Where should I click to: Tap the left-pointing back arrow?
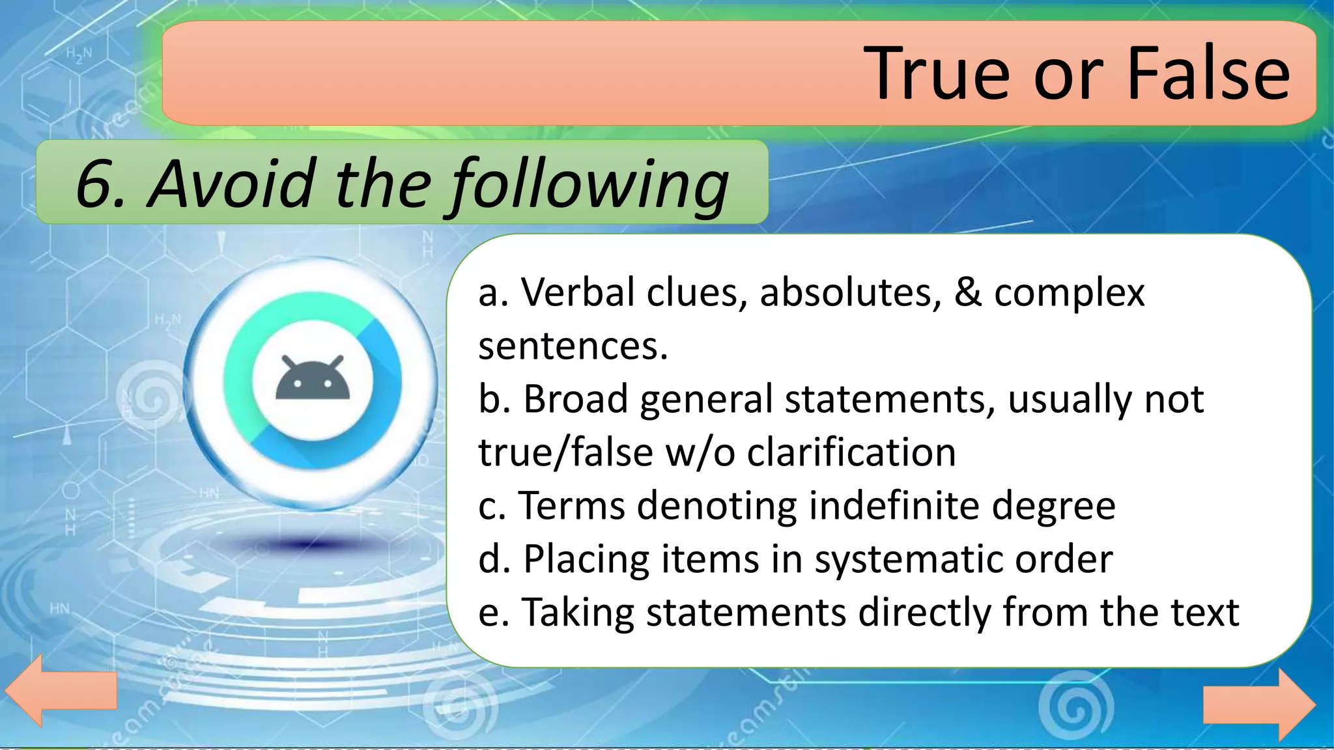click(61, 690)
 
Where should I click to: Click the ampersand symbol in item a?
click(968, 292)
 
